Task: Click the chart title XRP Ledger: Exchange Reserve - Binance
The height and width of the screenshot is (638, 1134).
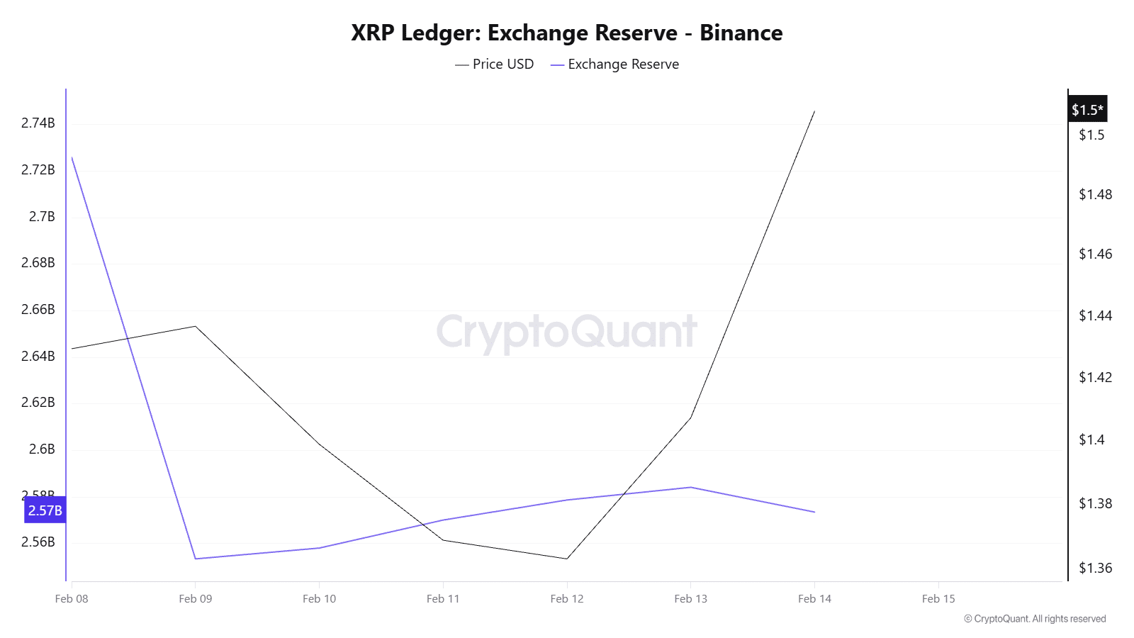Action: pyautogui.click(x=566, y=33)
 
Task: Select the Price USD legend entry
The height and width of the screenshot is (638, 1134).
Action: pyautogui.click(x=495, y=65)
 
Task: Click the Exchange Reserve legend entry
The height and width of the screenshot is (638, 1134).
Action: pyautogui.click(x=614, y=65)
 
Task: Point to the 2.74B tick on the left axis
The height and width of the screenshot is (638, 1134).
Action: pyautogui.click(x=38, y=123)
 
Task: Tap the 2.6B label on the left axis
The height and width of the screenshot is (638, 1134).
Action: pyautogui.click(x=42, y=449)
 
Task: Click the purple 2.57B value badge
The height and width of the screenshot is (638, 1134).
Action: pyautogui.click(x=45, y=510)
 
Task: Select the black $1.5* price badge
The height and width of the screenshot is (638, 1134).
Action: pyautogui.click(x=1087, y=110)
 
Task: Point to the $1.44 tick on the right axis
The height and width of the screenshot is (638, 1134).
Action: pyautogui.click(x=1095, y=315)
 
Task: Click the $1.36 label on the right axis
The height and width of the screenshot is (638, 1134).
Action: pyautogui.click(x=1095, y=568)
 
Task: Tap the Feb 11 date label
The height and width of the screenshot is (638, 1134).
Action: pyautogui.click(x=443, y=599)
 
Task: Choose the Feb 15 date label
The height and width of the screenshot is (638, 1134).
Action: pyautogui.click(x=938, y=599)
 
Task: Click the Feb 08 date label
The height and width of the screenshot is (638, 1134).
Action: pyautogui.click(x=72, y=599)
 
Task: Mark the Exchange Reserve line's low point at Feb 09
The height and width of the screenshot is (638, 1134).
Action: pyautogui.click(x=196, y=559)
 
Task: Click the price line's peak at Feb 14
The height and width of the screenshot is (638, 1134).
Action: pyautogui.click(x=814, y=111)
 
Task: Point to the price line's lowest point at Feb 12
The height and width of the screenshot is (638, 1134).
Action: pyautogui.click(x=567, y=559)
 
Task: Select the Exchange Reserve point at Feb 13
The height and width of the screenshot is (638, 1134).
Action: pyautogui.click(x=691, y=487)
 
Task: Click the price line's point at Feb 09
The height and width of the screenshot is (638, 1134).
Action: pyautogui.click(x=196, y=326)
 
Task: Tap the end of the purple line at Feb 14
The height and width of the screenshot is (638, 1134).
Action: pyautogui.click(x=814, y=512)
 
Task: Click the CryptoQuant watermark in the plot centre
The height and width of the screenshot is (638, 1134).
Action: pyautogui.click(x=566, y=331)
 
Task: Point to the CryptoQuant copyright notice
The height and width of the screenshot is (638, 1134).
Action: pyautogui.click(x=1034, y=619)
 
